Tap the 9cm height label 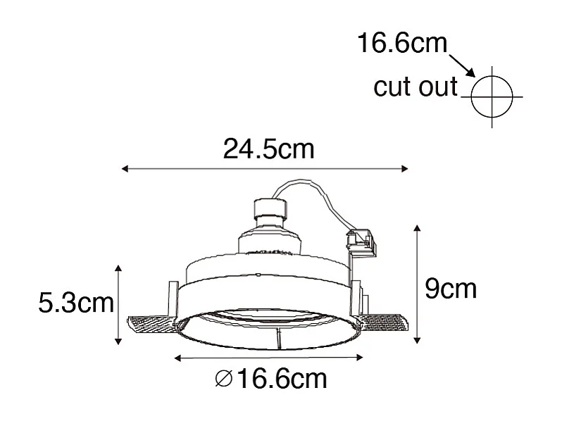451,288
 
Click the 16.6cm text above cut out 402,44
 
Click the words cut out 416,87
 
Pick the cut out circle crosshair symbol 491,96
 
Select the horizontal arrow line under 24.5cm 265,169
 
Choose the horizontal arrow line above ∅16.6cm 265,358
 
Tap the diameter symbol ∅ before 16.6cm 222,380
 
